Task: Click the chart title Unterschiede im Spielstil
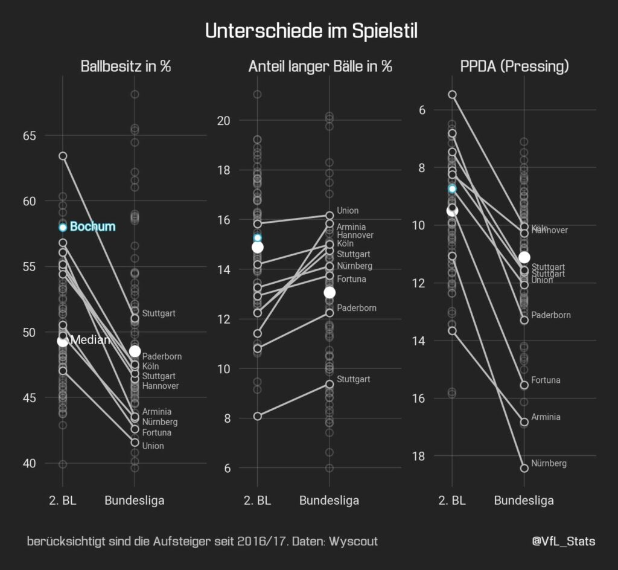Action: coord(311,31)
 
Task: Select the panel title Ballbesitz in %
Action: coord(126,66)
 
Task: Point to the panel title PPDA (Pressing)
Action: coord(514,66)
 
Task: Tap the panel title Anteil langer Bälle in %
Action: coord(320,66)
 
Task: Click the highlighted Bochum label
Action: coord(92,227)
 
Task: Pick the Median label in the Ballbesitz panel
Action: coord(90,341)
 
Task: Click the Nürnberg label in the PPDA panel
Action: coord(549,464)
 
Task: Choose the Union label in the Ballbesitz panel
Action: coord(153,446)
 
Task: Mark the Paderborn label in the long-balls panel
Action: coord(356,308)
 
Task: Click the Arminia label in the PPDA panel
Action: coord(546,417)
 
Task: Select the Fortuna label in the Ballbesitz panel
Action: coord(156,433)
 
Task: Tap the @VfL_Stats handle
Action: coord(563,542)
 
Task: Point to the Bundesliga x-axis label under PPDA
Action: coord(523,501)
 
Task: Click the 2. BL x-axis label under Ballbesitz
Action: coord(62,501)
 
